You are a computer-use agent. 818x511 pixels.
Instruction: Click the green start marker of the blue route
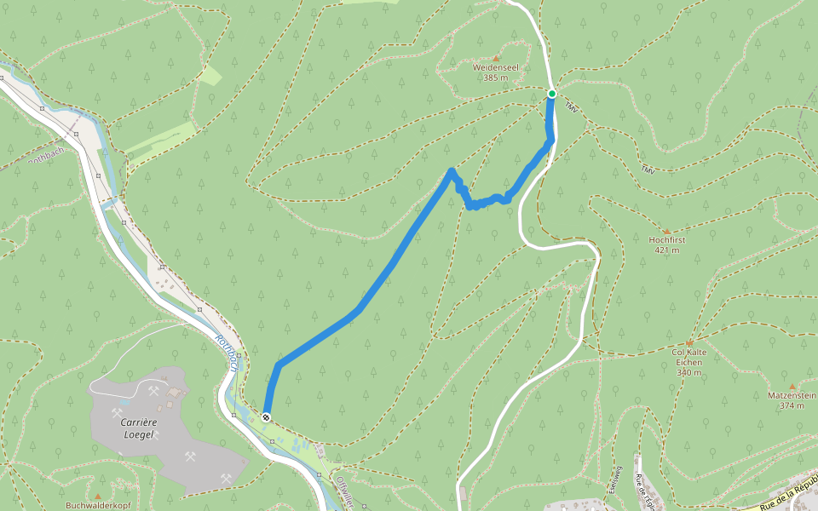click(x=552, y=94)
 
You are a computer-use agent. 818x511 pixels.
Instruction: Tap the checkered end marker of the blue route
click(x=267, y=416)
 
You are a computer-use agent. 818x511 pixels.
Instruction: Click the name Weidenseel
click(x=495, y=66)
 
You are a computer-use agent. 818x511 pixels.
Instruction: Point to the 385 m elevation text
click(x=495, y=78)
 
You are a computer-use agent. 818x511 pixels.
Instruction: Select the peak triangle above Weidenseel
click(x=495, y=57)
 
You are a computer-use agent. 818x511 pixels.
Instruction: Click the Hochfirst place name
click(x=666, y=240)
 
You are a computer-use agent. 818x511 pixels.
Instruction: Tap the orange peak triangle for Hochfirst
click(x=666, y=231)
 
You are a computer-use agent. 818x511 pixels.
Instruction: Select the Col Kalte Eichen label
click(x=689, y=356)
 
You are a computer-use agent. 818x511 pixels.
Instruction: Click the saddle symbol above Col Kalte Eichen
click(x=689, y=343)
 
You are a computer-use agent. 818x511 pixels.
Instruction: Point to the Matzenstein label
click(x=792, y=396)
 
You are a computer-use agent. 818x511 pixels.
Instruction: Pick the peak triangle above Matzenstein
click(x=792, y=386)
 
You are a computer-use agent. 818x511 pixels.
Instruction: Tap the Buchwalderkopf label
click(x=98, y=505)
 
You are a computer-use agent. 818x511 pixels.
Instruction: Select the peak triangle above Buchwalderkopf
click(x=98, y=495)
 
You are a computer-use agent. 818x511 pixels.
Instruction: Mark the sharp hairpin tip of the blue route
click(x=451, y=171)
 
